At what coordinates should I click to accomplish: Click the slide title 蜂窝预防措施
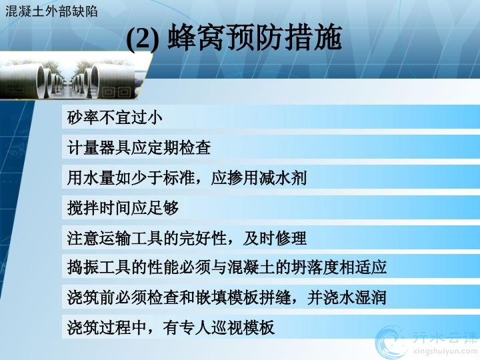[x=255, y=37]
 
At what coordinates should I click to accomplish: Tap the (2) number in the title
[x=143, y=38]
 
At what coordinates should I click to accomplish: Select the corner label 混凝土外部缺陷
[x=51, y=11]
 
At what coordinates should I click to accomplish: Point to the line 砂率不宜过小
[x=115, y=117]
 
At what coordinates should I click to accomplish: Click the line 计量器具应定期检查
[x=139, y=147]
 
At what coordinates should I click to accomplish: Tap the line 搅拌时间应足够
[x=123, y=208]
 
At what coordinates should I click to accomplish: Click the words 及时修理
[x=275, y=238]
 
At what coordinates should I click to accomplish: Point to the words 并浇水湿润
[x=347, y=297]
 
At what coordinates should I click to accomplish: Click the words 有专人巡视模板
[x=218, y=327]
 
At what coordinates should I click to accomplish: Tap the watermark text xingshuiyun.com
[x=445, y=351]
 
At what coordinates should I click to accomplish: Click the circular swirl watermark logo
[x=393, y=342]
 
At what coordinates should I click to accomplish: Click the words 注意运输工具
[x=115, y=238]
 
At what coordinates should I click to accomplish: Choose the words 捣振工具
[x=99, y=267]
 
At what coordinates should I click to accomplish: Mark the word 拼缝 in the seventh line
[x=274, y=297]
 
